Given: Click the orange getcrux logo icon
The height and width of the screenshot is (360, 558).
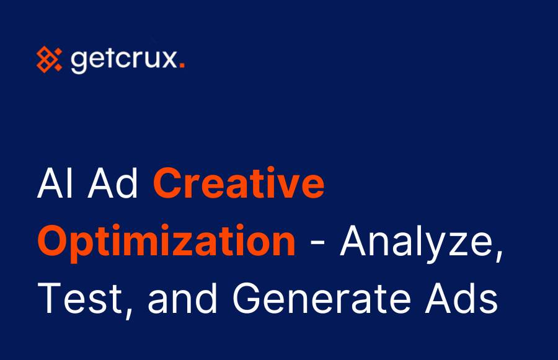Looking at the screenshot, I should coord(49,59).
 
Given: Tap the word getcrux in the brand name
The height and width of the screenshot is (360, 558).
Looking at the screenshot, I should coord(123,61).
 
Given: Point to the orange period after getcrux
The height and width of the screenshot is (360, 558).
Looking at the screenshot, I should coord(181,67).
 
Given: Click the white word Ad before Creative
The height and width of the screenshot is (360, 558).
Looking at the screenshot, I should coord(118,185).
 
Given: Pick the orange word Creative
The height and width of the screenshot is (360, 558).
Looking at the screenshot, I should coord(239,185).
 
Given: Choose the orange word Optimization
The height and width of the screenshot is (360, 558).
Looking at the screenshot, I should coord(166,241).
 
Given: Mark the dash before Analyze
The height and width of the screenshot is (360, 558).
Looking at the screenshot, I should coord(319,243).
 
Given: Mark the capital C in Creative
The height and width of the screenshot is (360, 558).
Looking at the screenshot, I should coord(167,185).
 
